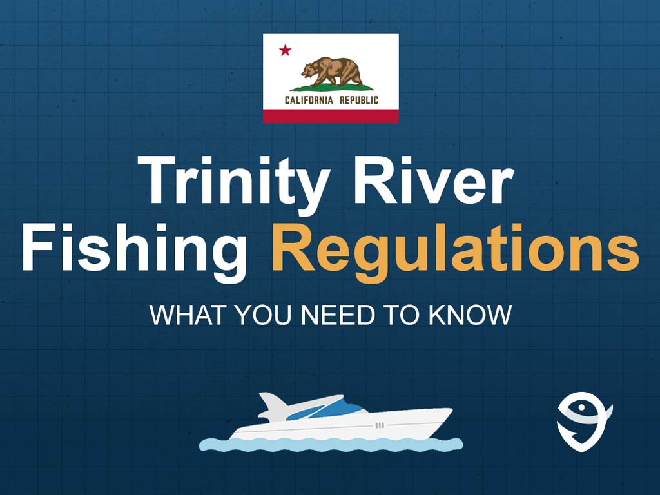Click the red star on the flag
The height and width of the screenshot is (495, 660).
tap(285, 50)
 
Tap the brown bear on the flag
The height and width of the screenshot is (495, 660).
tap(332, 72)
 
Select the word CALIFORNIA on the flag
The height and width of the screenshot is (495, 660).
tap(309, 100)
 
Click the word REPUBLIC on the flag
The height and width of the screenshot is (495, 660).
tap(359, 100)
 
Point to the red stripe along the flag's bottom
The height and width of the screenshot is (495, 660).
tap(331, 116)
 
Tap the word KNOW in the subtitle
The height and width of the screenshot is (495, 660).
tap(470, 315)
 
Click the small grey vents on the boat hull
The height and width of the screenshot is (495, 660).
tap(379, 425)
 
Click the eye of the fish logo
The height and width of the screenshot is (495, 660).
tap(582, 407)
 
